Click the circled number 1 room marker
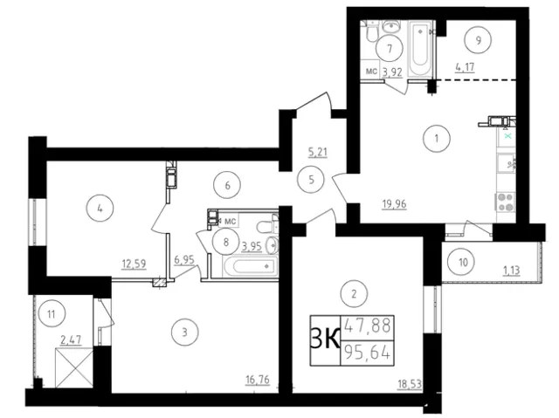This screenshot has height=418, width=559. pos(437,139)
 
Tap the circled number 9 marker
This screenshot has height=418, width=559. pos(478,40)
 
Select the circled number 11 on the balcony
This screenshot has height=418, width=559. pos(52,314)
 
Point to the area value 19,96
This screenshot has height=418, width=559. pos(394,204)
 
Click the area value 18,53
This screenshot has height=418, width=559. pos(410,384)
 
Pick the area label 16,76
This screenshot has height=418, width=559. pos(258,380)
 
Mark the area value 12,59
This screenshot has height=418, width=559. pos(134,264)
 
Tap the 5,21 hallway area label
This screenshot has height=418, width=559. pos(318,153)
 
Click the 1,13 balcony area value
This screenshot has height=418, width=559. pos(511,271)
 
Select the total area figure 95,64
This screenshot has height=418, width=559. pos(368,354)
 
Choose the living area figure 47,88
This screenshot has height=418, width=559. pos(368,325)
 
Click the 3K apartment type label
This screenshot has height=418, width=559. pos(326,340)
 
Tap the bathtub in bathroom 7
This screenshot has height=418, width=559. pos(420,49)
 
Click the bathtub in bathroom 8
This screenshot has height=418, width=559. pos(250,266)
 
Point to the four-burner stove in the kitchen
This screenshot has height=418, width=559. pos(505,202)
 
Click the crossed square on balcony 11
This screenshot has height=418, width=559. pos(74,368)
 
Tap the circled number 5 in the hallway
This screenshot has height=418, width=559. pos(312,180)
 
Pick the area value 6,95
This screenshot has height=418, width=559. pos(184,260)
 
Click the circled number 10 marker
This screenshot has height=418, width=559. pos(463,263)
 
